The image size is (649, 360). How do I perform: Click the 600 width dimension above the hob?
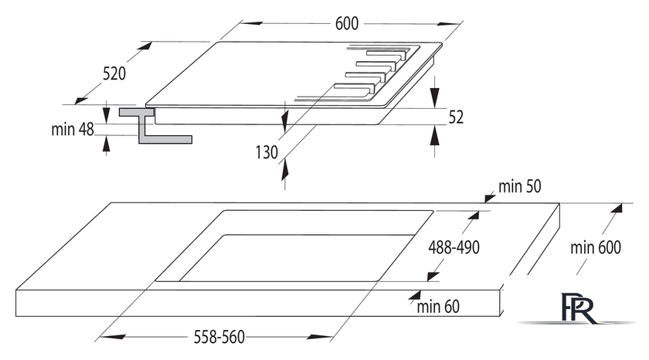[x=346, y=24]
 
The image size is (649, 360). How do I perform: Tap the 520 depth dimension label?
[x=114, y=73]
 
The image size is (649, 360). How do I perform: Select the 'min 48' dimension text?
[x=73, y=130]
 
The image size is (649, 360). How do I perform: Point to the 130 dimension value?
[x=267, y=152]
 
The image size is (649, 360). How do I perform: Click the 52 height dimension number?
[x=456, y=117]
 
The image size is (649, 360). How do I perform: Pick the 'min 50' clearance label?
[x=519, y=187]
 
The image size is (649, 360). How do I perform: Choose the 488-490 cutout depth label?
[x=454, y=247]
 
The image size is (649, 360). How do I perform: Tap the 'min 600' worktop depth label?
[x=596, y=247]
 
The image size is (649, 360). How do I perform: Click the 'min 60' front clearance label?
[x=438, y=307]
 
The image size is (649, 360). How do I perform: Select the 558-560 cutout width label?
[x=219, y=338]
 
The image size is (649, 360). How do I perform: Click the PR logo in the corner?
[x=577, y=307]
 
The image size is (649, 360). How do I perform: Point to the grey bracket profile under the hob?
[x=155, y=126]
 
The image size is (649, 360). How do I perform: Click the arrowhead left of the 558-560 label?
[x=112, y=337]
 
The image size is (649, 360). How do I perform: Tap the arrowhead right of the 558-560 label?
[x=319, y=338]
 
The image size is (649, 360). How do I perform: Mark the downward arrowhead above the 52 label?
[x=434, y=97]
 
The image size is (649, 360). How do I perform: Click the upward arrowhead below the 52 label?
[x=434, y=135]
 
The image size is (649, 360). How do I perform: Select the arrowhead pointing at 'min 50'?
[x=490, y=198]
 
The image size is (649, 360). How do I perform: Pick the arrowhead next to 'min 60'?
[x=415, y=295]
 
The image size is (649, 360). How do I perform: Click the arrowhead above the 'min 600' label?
[x=617, y=208]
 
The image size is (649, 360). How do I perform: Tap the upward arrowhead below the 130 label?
[x=285, y=171]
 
